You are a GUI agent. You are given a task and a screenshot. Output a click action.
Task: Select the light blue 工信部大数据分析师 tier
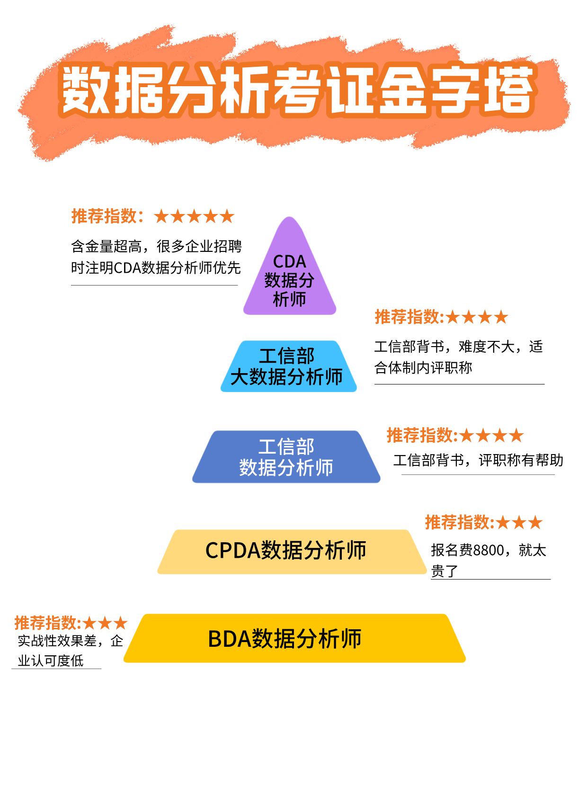[x=288, y=366]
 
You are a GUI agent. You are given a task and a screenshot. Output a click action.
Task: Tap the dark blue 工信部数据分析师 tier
[x=286, y=457]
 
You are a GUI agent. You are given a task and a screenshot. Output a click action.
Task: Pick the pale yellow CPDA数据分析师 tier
[x=291, y=551]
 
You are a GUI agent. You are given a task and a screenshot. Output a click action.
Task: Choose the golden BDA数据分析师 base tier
[x=294, y=638]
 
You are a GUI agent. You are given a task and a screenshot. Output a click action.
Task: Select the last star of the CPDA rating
[x=535, y=523]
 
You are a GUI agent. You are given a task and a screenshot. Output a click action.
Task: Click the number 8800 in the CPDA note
[x=489, y=550]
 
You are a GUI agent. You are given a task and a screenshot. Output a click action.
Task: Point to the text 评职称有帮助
[x=521, y=460]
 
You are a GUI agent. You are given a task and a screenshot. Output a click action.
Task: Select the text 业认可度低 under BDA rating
[x=51, y=661]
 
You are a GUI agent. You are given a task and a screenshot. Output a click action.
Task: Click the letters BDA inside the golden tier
[x=229, y=639]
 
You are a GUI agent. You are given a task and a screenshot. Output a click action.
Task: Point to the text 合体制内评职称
[x=423, y=367]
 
